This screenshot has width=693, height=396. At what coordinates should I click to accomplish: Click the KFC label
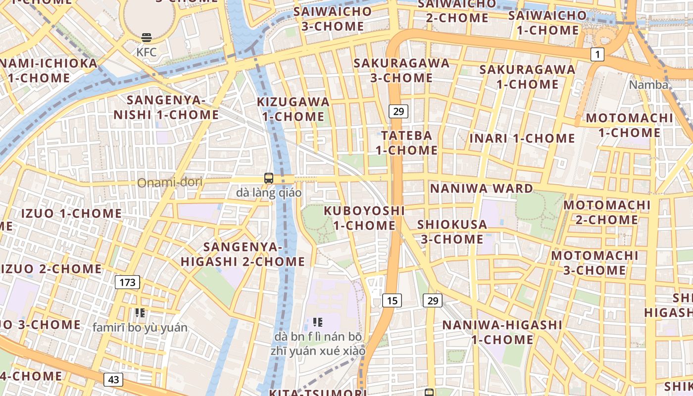[147, 52]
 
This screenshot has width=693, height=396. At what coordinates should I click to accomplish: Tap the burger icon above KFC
[147, 37]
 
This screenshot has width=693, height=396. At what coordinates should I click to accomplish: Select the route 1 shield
[597, 54]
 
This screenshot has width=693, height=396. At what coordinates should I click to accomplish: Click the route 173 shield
[128, 283]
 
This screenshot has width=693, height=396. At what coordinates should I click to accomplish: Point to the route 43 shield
[113, 380]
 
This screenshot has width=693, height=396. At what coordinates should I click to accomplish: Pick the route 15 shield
[392, 300]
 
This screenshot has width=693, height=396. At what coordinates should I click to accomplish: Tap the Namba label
[648, 85]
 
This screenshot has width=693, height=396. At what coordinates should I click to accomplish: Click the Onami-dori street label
[170, 183]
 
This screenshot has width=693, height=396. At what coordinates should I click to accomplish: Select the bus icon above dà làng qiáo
[269, 178]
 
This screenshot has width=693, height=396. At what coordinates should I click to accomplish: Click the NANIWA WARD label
[481, 189]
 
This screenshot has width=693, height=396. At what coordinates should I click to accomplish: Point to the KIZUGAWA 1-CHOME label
[293, 109]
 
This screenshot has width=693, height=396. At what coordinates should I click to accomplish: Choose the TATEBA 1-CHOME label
[406, 143]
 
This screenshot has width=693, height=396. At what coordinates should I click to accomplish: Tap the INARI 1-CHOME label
[522, 139]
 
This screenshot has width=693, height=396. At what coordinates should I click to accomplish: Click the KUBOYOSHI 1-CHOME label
[364, 218]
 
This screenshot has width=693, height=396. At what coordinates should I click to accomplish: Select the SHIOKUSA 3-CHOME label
[452, 232]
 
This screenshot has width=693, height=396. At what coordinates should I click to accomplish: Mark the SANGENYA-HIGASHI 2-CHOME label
[243, 254]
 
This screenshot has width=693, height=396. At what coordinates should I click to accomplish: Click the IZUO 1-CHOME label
[71, 214]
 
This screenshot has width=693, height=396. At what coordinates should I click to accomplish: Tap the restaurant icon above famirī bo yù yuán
[140, 313]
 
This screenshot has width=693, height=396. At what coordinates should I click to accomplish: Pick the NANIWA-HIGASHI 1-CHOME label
[502, 332]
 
